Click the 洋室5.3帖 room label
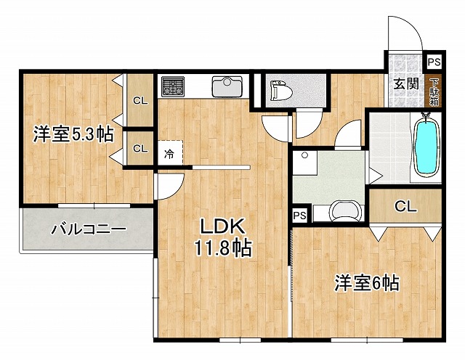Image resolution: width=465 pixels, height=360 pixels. pyautogui.click(x=73, y=134)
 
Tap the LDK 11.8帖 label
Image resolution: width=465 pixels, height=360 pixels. pyautogui.click(x=222, y=237)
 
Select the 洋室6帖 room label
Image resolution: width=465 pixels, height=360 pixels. pyautogui.click(x=366, y=282)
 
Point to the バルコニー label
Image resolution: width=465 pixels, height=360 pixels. pyautogui.click(x=88, y=231)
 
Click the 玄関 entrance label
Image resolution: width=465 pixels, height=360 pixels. pyautogui.click(x=405, y=83)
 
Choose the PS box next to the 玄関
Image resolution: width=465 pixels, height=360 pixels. pyautogui.click(x=433, y=62)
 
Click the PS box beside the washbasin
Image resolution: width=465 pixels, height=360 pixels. pyautogui.click(x=299, y=216)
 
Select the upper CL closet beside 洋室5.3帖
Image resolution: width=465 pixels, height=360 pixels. pyautogui.click(x=139, y=101)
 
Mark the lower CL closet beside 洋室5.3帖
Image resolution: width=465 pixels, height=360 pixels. pyautogui.click(x=139, y=148)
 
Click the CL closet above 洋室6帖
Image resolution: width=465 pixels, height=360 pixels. pyautogui.click(x=405, y=206)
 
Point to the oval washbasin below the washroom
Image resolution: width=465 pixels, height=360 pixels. pyautogui.click(x=344, y=212)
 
